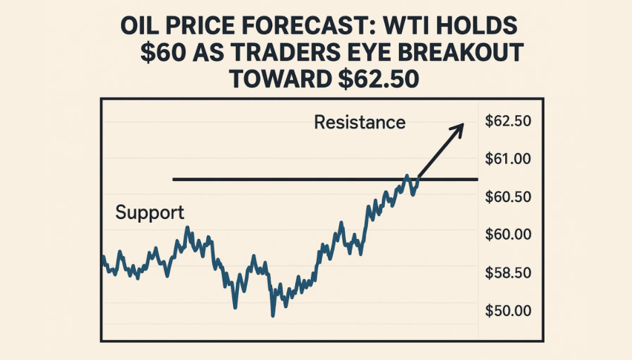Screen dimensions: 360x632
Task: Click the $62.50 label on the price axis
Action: click(509, 122)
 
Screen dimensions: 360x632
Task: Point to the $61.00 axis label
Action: click(509, 159)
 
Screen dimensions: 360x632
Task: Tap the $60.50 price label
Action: click(509, 197)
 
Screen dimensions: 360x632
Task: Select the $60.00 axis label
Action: click(509, 235)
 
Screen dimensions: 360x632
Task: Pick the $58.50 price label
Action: click(509, 272)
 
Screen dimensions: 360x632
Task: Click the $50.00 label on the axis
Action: click(509, 310)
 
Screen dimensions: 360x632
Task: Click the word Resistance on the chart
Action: click(360, 122)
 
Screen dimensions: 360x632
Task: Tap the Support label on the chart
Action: click(150, 213)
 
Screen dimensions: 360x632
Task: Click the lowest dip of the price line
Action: click(272, 315)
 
